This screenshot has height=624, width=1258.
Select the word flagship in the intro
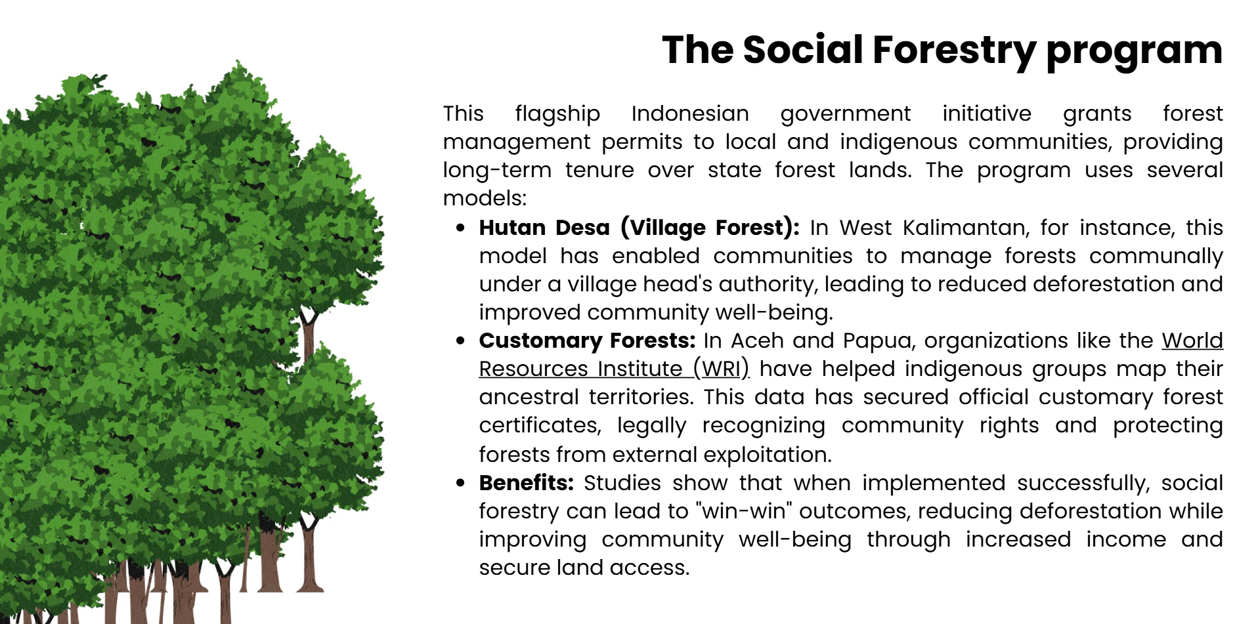point(557,114)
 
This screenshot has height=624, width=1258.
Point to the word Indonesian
point(690,114)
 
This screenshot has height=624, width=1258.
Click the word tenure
point(599,170)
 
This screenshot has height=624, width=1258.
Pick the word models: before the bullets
point(485,198)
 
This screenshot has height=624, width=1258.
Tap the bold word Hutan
point(512,228)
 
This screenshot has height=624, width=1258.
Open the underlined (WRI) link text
point(721,369)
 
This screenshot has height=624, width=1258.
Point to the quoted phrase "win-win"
point(744,511)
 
